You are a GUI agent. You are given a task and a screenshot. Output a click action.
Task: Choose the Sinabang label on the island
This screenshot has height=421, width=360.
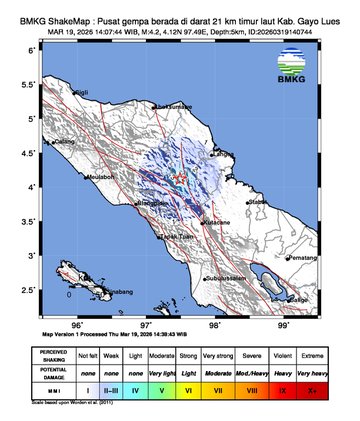point(115,291)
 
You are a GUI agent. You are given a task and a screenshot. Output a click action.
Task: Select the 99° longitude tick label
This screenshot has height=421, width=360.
point(284,325)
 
